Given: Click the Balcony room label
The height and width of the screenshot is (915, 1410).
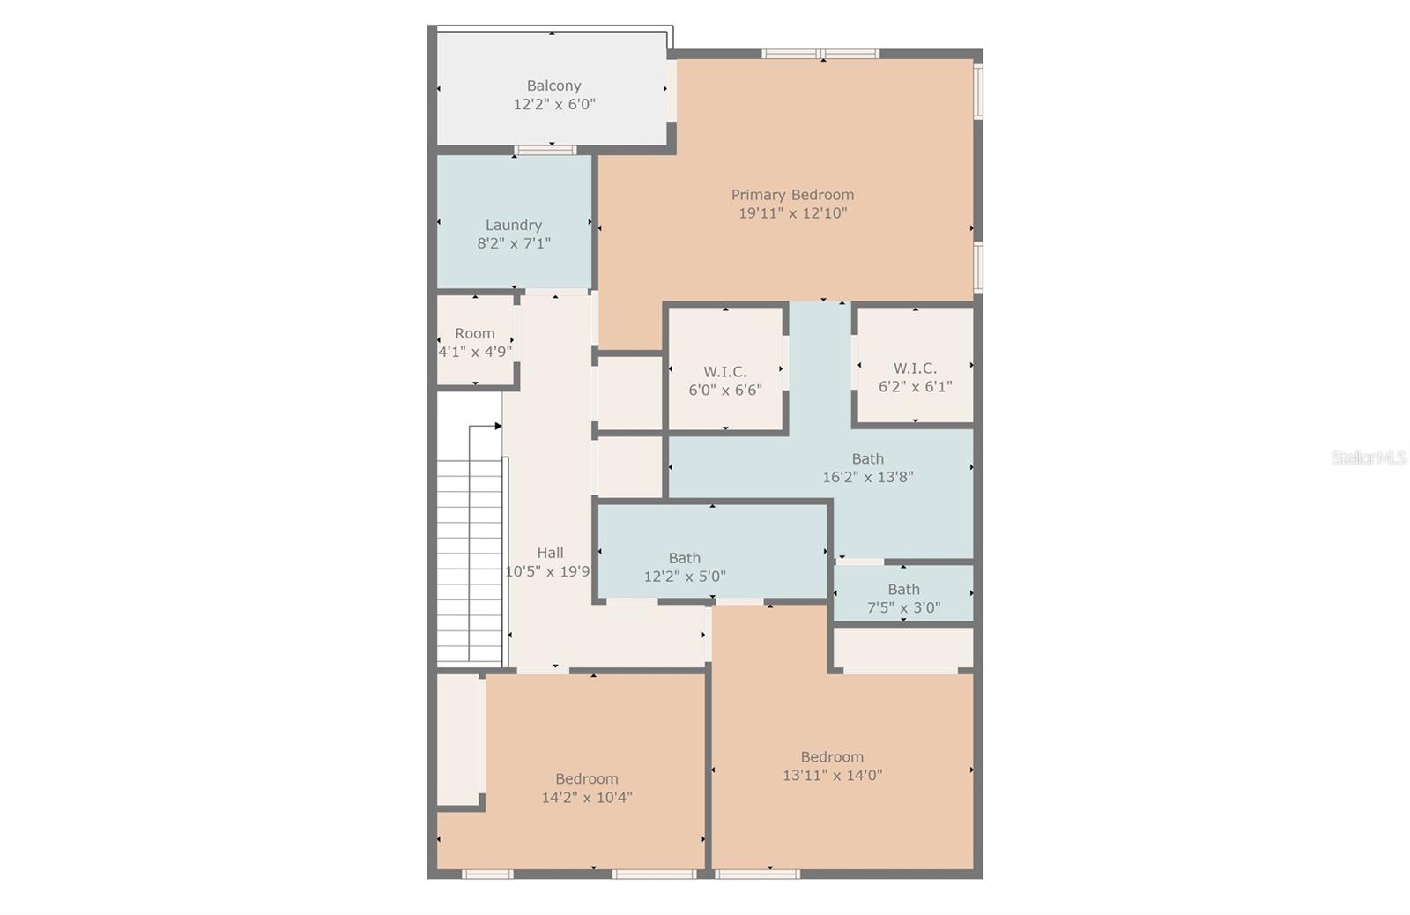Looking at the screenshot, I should coord(553,86).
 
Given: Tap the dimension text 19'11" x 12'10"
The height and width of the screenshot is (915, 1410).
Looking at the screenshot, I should coord(792,213).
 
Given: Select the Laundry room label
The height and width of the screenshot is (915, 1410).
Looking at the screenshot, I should coord(513,225).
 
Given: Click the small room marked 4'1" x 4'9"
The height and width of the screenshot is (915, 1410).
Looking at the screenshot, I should coord(475,342).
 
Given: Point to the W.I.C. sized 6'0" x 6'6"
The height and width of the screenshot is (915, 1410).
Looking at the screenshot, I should coord(725,381).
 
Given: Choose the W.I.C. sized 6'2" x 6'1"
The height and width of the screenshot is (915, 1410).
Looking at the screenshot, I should coord(915,377).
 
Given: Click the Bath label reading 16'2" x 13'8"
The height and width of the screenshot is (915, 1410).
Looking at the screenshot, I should coord(867,467).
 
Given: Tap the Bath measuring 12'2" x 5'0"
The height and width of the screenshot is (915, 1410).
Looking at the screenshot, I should coord(685,567).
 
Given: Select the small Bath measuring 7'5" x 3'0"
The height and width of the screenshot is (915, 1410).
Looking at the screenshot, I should coord(903,598).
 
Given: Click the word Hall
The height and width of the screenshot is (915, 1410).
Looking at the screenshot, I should coord(550,553).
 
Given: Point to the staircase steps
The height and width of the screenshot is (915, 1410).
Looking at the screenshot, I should coord(470,573).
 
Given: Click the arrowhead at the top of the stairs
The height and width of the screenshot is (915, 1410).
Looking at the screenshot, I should coord(498,427).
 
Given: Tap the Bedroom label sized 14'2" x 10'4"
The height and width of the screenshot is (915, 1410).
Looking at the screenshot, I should coord(586,788).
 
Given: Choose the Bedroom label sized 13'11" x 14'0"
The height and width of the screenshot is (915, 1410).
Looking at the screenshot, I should coord(832,766).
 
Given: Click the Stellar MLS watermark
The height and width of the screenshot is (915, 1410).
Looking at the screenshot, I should coord(1369,458).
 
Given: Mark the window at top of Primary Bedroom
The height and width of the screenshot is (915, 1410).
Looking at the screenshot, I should coord(820,55).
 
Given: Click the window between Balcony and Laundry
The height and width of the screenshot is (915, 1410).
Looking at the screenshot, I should coord(545,151).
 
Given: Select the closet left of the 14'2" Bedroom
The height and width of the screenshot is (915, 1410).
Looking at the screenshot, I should coord(458,739).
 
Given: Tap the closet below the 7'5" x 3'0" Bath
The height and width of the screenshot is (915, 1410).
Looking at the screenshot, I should coord(903,648).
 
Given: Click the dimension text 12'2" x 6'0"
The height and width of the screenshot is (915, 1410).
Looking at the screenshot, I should coord(554,104).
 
